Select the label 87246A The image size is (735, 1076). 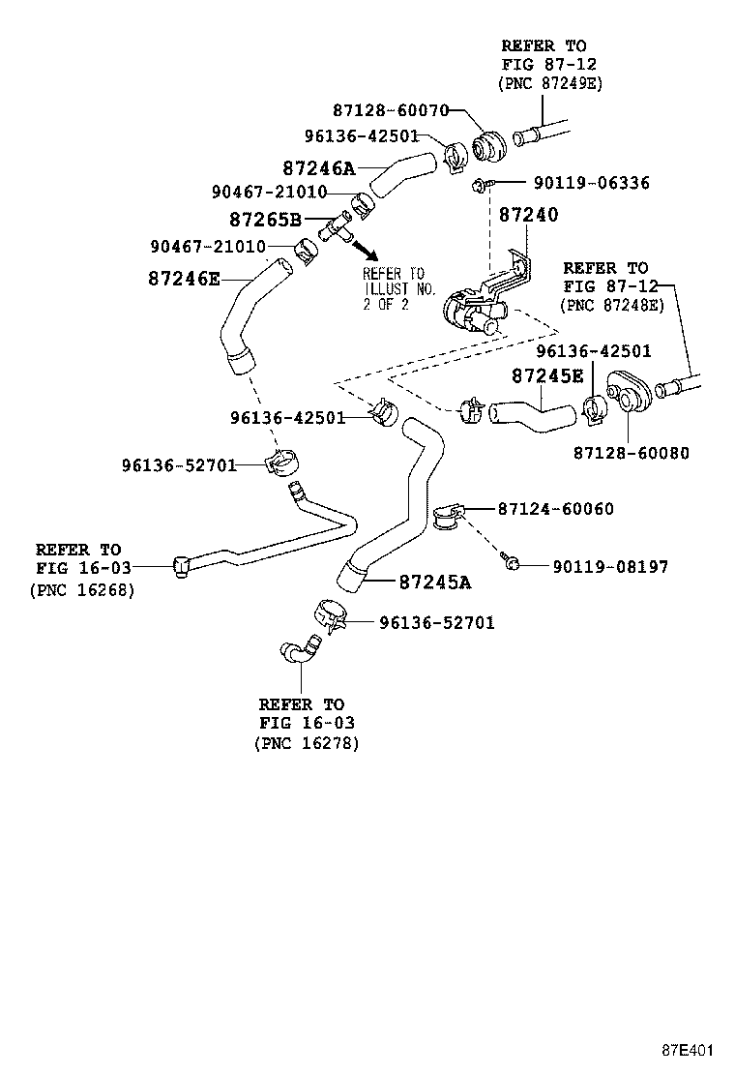click(319, 168)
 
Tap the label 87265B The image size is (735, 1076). click(265, 220)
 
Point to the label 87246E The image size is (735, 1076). click(184, 279)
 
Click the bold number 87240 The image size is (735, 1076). click(528, 215)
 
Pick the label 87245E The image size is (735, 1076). click(547, 375)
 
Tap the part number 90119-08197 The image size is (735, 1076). click(609, 566)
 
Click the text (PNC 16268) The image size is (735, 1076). click(82, 589)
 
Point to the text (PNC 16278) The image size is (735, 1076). click(307, 743)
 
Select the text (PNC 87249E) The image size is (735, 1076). click(549, 84)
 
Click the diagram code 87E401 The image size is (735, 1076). click(688, 1050)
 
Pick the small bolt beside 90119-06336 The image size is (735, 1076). click(482, 183)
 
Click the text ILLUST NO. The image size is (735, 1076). click(394, 288)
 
